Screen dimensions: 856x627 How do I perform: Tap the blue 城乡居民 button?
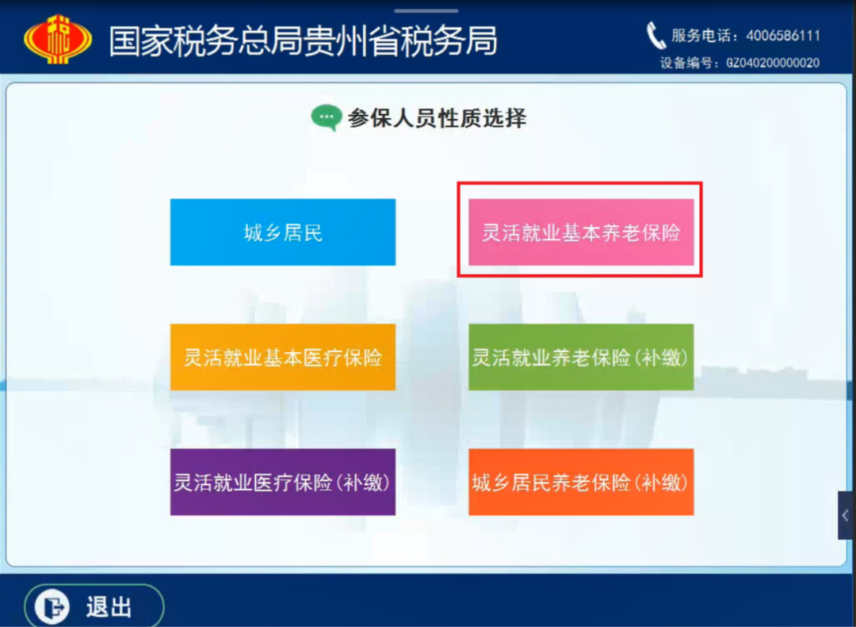pyautogui.click(x=283, y=232)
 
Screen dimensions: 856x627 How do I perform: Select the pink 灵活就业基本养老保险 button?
pyautogui.click(x=581, y=232)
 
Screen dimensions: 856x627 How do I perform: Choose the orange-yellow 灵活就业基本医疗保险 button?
pyautogui.click(x=283, y=357)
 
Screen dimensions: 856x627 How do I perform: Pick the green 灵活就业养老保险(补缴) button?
pyautogui.click(x=581, y=357)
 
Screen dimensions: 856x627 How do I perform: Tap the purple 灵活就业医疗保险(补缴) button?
pyautogui.click(x=283, y=482)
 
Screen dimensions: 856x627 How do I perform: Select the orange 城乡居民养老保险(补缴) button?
pyautogui.click(x=581, y=482)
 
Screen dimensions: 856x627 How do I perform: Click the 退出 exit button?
pyautogui.click(x=94, y=606)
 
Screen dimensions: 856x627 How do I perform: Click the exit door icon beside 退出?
pyautogui.click(x=52, y=607)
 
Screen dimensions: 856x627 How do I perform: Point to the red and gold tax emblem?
pyautogui.click(x=58, y=40)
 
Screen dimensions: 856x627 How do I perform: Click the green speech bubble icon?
pyautogui.click(x=327, y=117)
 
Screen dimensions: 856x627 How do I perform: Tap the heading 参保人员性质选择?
pyautogui.click(x=438, y=118)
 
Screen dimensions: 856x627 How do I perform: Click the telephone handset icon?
pyautogui.click(x=655, y=36)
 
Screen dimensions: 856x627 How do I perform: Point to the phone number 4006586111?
pyautogui.click(x=783, y=36)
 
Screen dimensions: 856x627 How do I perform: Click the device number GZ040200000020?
pyautogui.click(x=773, y=63)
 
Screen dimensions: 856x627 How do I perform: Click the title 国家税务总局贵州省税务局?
pyautogui.click(x=303, y=41)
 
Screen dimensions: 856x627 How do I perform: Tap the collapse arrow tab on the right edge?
pyautogui.click(x=846, y=515)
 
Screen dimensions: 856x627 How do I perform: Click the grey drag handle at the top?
pyautogui.click(x=426, y=10)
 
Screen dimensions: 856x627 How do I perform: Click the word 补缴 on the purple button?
pyautogui.click(x=364, y=482)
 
